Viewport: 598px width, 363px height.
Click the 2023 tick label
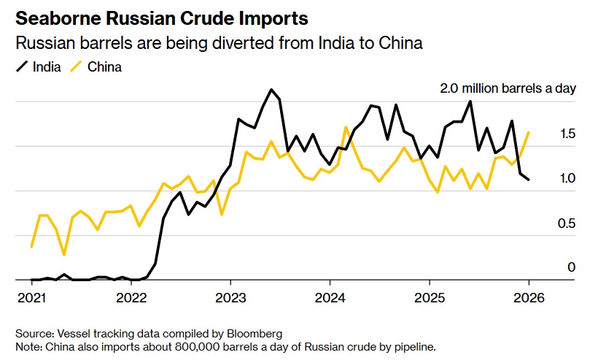230,299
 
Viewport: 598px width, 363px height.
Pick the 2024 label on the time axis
330,299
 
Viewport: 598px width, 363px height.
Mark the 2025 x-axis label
429,299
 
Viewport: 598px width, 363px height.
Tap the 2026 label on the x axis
528,299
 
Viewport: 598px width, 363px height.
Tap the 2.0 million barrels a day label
508,89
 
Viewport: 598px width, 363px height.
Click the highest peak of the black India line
271,90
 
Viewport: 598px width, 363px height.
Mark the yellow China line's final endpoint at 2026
528,132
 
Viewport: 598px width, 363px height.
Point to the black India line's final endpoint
528,180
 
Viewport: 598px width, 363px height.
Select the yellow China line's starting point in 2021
32,247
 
